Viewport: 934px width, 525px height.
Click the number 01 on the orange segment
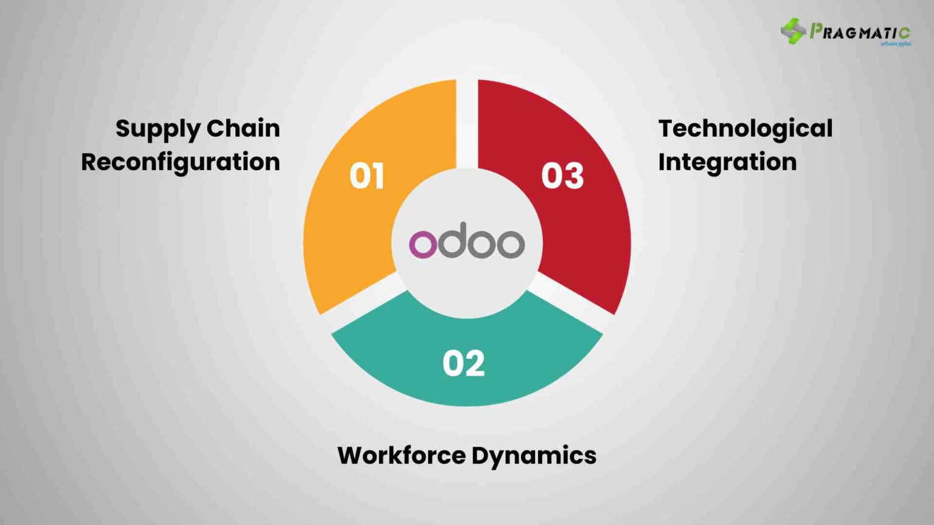click(x=367, y=176)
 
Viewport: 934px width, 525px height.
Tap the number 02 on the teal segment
click(x=463, y=363)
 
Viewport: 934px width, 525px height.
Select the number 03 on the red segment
click(x=562, y=176)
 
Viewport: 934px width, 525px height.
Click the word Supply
click(x=157, y=129)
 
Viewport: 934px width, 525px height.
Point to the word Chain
click(x=243, y=128)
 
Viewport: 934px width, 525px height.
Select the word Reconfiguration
click(x=181, y=162)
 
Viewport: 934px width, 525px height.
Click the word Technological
click(x=745, y=129)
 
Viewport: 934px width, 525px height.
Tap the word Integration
click(x=727, y=162)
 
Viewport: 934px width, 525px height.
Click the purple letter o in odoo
click(x=423, y=244)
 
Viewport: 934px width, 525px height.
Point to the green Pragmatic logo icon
click(x=793, y=31)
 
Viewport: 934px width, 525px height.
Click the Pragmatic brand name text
click(x=860, y=32)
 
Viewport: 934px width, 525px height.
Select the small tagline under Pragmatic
click(x=895, y=44)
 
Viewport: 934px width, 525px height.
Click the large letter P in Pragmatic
click(x=816, y=30)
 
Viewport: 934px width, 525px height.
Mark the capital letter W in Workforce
click(x=351, y=455)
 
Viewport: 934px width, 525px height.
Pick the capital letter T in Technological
click(x=668, y=128)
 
